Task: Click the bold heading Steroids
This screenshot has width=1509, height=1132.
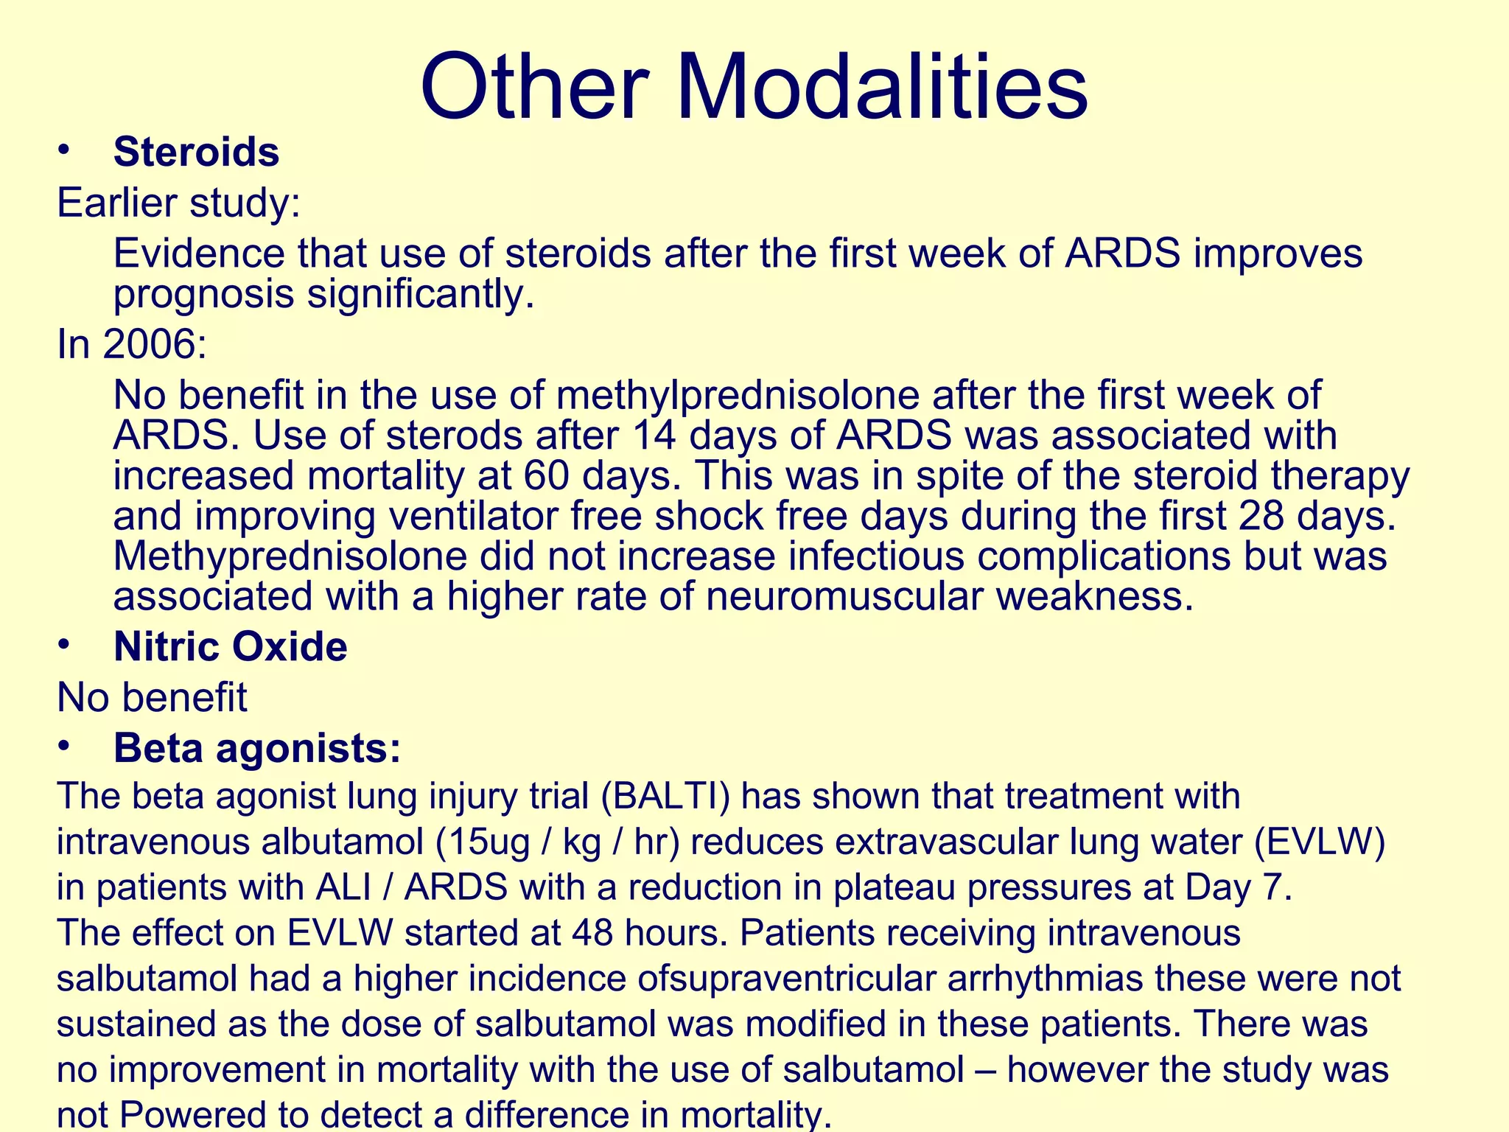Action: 196,153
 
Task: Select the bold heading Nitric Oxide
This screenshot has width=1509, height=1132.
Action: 230,647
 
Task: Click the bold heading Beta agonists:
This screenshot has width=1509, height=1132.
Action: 257,748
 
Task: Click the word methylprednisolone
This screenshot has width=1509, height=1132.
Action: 737,396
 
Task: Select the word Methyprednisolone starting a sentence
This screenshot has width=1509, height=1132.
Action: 290,556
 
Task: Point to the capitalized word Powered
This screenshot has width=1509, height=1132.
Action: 193,1115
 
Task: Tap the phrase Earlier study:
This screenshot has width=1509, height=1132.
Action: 179,203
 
